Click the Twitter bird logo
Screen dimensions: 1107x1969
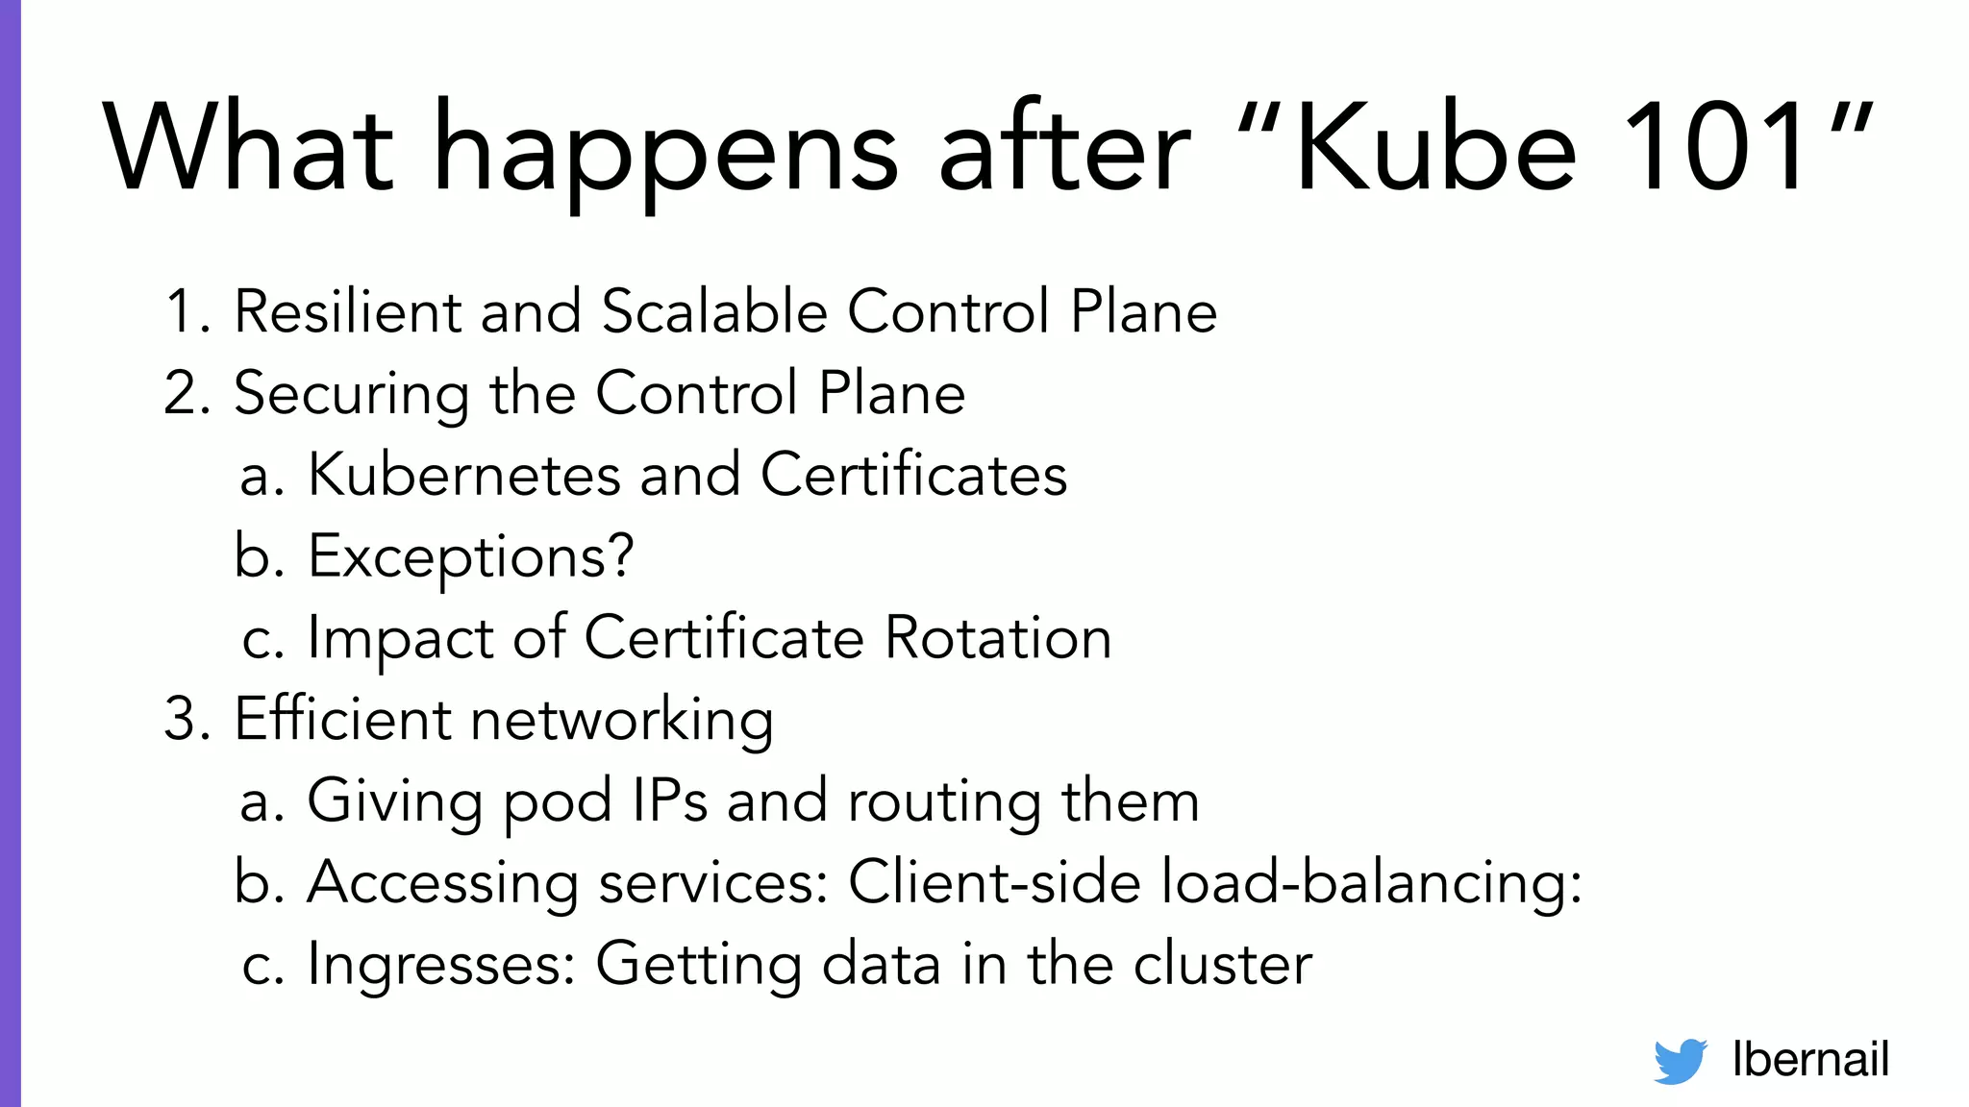(x=1680, y=1061)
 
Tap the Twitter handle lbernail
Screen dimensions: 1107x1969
(x=1810, y=1060)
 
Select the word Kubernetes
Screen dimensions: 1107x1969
(x=463, y=475)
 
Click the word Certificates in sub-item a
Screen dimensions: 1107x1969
(x=913, y=475)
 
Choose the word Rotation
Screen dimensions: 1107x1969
(x=997, y=638)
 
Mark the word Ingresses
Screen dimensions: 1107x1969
(x=440, y=966)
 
